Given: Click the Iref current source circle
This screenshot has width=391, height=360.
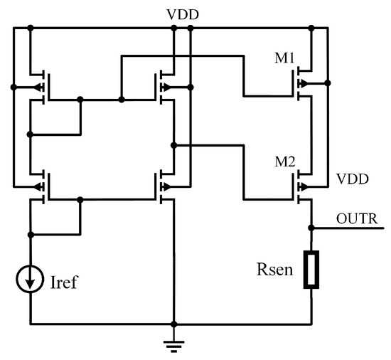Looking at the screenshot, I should (31, 282).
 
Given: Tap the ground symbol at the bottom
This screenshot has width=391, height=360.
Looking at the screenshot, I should (173, 345).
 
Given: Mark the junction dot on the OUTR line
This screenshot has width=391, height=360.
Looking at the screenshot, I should (311, 228).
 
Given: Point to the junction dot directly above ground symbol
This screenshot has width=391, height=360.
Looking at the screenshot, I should (173, 324).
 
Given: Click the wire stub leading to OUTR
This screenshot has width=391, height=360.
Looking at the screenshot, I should (348, 228).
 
